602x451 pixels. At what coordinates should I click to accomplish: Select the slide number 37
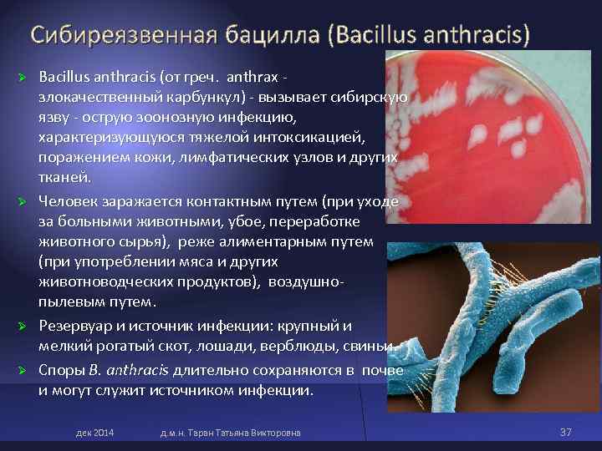(x=565, y=432)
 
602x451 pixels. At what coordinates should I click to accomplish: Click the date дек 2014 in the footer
(x=94, y=433)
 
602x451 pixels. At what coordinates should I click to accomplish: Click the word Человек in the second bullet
(x=69, y=202)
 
